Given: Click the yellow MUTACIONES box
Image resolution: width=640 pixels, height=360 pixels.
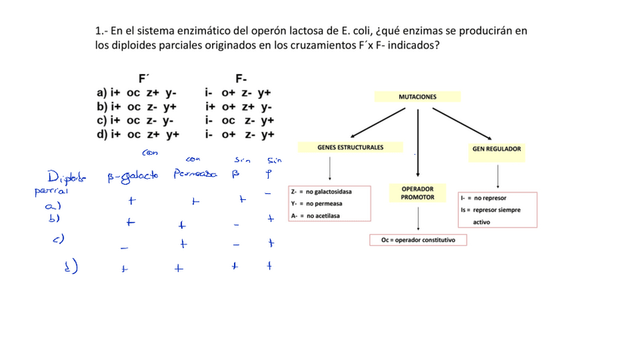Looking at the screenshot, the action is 417,97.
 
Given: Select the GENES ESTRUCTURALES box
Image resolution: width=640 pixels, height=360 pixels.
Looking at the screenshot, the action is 350,148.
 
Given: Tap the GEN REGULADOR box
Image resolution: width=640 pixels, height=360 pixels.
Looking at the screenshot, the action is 497,149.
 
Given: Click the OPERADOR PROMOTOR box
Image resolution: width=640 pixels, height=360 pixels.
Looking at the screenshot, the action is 417,193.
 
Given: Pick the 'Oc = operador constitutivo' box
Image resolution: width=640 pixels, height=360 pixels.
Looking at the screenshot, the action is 418,240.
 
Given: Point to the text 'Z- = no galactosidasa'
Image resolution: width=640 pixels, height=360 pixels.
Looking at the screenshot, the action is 321,192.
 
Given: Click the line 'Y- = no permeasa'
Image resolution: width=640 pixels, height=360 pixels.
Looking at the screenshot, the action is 316,204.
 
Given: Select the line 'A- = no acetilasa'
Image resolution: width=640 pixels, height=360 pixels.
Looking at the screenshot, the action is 315,216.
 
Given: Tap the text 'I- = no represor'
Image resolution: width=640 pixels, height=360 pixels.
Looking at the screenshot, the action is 483,198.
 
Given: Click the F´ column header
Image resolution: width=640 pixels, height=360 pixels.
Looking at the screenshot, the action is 143,78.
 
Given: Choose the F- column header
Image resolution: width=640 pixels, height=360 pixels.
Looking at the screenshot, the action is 241,78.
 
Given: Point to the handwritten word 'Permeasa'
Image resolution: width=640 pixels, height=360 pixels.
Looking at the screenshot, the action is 194,174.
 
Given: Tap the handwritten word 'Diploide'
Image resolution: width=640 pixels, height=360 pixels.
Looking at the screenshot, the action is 66,178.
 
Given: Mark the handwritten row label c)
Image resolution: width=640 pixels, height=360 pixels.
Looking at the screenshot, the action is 58,239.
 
